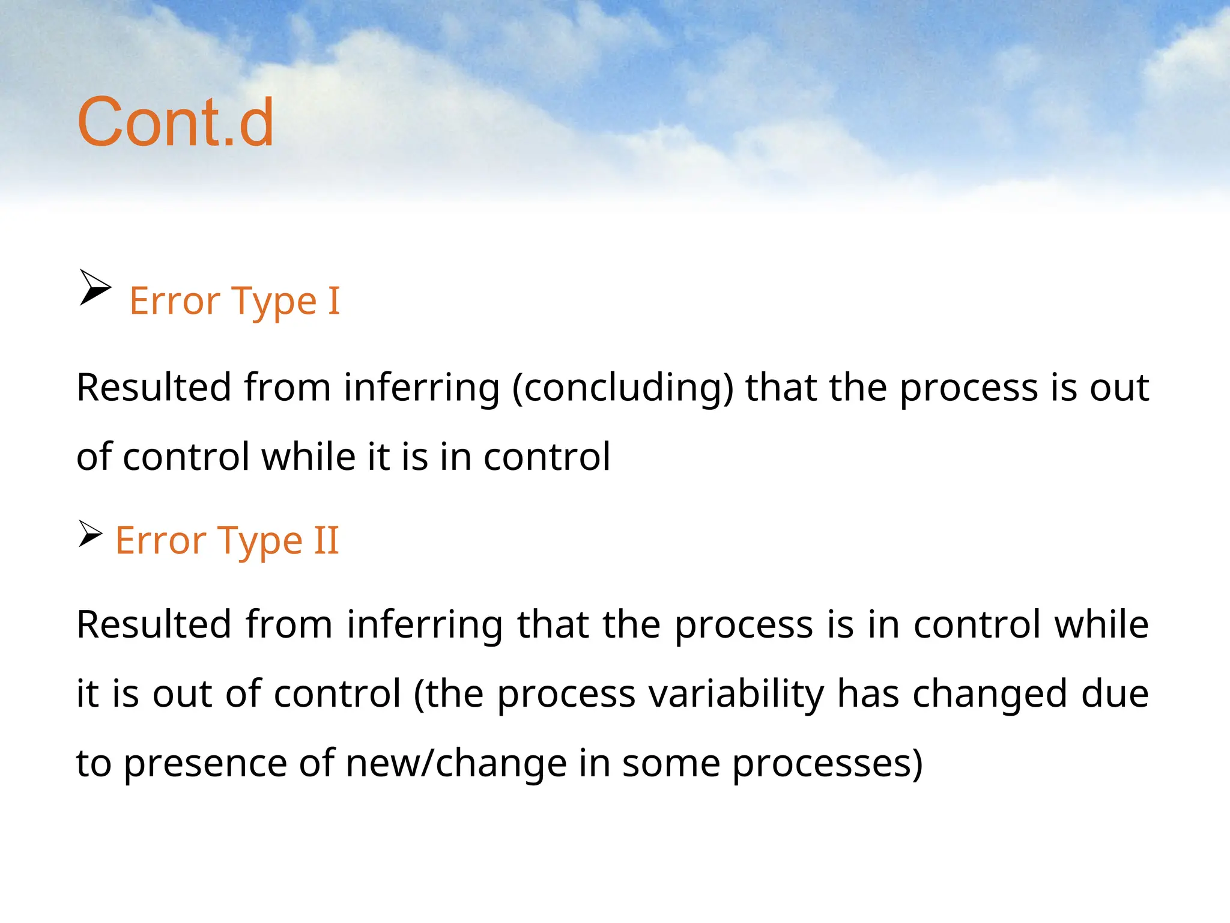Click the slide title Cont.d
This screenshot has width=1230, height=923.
(x=175, y=123)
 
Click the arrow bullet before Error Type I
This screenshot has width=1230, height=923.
(x=95, y=288)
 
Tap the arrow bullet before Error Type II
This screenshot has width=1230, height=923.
(x=90, y=534)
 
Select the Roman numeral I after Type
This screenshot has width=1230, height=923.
(x=333, y=300)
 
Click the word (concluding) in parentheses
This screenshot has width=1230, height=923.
(x=622, y=388)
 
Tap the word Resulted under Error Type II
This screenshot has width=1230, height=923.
(x=154, y=625)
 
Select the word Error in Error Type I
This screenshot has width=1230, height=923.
(x=175, y=300)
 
